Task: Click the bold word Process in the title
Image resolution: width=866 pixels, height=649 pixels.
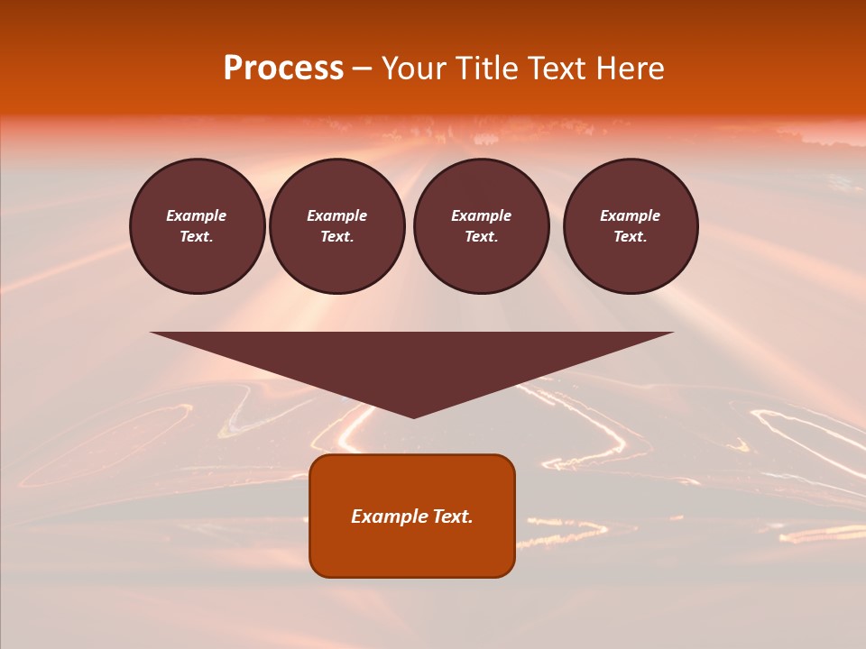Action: (283, 69)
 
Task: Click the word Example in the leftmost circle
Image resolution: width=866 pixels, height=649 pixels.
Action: (197, 215)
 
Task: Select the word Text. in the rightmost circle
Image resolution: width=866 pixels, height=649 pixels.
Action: (631, 236)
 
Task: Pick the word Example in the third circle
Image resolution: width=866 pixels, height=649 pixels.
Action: (481, 215)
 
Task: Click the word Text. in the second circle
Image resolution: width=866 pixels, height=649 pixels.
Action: (337, 236)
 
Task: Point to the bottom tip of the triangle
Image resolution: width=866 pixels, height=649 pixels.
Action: (413, 416)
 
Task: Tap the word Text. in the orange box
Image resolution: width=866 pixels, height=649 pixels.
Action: (453, 516)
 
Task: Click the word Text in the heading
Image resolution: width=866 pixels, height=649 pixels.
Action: (556, 69)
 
